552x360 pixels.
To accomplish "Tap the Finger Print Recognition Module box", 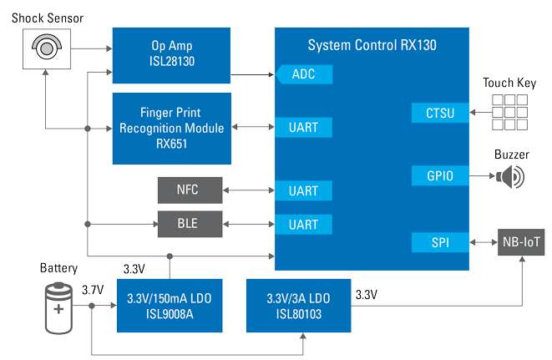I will pos(170,129).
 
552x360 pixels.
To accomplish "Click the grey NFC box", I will pos(190,190).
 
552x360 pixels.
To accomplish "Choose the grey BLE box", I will pos(190,224).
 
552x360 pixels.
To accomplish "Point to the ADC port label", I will pos(303,74).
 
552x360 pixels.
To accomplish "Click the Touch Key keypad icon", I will pos(509,112).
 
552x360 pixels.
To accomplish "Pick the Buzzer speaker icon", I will pos(511,176).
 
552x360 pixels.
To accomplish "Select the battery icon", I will pos(58,307).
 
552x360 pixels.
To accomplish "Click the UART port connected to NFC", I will pos(303,190).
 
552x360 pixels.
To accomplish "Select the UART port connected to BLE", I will pos(303,224).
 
